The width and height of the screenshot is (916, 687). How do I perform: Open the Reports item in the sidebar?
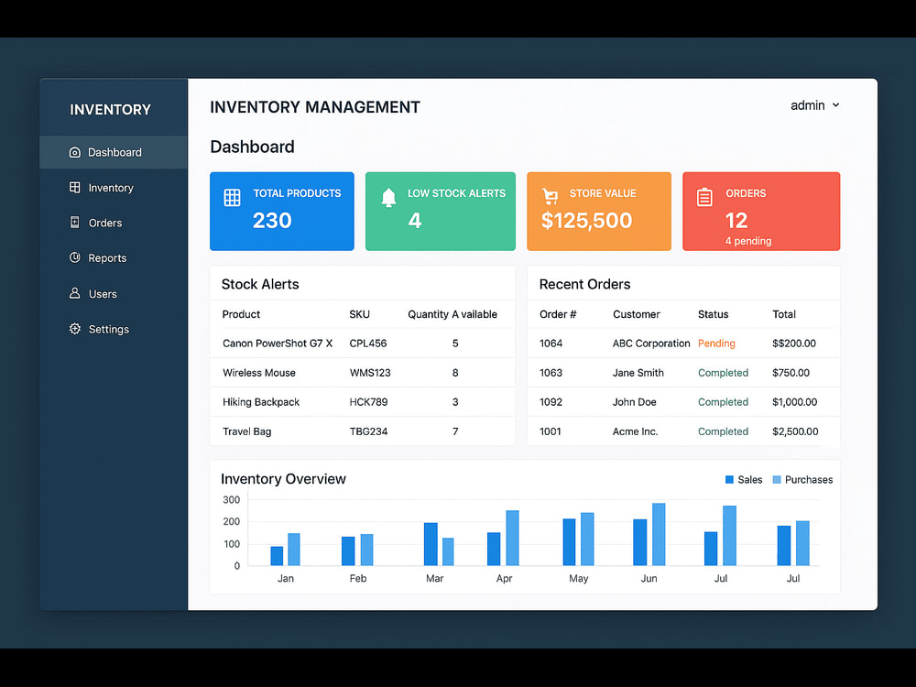98,257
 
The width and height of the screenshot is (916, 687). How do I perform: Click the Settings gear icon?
75,329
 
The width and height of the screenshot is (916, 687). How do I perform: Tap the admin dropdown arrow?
836,105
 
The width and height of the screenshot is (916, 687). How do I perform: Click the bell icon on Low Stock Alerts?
388,198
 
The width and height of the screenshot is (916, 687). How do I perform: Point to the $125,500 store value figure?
586,220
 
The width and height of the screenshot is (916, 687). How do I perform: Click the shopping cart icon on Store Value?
550,196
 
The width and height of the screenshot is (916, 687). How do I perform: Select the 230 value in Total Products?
272,220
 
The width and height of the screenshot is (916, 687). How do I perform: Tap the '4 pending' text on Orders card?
748,241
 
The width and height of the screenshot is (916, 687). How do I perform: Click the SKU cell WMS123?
370,373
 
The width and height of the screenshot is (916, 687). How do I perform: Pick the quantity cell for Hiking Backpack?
455,402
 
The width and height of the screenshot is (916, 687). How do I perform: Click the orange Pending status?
716,343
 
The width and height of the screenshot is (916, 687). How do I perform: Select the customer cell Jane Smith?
638,373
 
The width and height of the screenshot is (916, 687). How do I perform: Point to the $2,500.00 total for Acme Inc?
795,431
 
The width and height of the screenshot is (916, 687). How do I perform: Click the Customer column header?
637,314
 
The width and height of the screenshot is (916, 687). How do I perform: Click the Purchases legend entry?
802,480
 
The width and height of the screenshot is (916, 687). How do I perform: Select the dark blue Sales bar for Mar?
431,544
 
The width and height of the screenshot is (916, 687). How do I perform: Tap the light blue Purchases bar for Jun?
659,535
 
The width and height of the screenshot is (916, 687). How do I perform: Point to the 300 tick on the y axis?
232,499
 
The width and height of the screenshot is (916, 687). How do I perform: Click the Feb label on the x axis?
358,578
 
